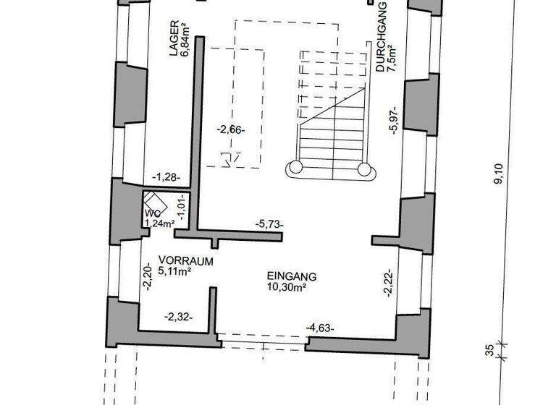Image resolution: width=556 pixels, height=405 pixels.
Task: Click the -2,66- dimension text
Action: (232, 130)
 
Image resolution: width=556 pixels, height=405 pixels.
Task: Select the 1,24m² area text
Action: (159, 223)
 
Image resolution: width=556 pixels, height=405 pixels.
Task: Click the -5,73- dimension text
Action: (269, 224)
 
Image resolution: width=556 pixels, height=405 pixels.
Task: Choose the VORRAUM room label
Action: (186, 261)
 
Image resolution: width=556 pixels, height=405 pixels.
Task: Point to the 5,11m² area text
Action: (174, 272)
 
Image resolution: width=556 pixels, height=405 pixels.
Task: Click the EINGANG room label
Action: (292, 276)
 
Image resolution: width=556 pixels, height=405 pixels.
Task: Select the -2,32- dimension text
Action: (177, 317)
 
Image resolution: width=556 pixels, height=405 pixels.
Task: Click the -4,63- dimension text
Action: (319, 328)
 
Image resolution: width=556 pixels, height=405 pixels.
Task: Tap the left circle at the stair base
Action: (295, 169)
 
